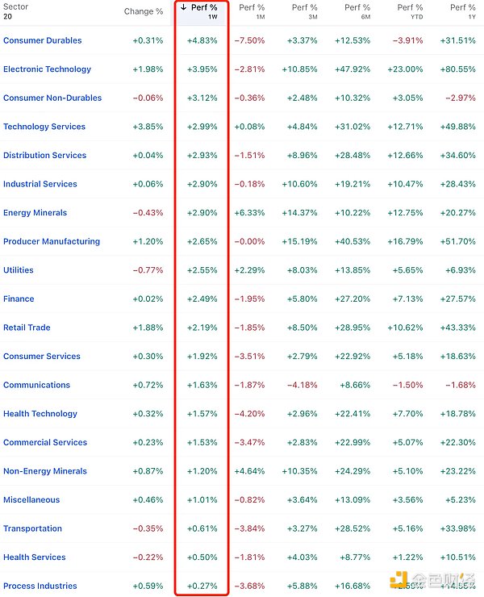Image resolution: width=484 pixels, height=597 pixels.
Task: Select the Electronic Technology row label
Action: pyautogui.click(x=47, y=69)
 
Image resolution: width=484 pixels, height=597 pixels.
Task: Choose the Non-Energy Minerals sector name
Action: pyautogui.click(x=44, y=471)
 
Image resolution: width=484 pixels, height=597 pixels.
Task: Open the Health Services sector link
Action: pyautogui.click(x=35, y=557)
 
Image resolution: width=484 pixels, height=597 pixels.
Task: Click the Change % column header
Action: pyautogui.click(x=144, y=11)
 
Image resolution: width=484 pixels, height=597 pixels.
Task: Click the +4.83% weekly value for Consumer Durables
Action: pyautogui.click(x=202, y=40)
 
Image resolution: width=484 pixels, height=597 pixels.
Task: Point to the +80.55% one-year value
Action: pyautogui.click(x=457, y=69)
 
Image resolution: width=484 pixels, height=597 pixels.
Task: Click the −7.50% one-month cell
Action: pyautogui.click(x=249, y=40)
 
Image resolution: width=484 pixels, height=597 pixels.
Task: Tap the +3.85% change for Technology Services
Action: pyautogui.click(x=148, y=127)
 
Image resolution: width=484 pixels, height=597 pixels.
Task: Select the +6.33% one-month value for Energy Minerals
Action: pyautogui.click(x=249, y=213)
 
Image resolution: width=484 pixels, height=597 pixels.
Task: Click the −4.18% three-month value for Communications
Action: pyautogui.click(x=302, y=385)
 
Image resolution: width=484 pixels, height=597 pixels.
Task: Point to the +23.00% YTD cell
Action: pyautogui.click(x=406, y=69)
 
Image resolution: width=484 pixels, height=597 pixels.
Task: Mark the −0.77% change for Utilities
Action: pyautogui.click(x=148, y=270)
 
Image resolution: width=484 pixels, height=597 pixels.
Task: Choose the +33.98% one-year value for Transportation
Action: pyautogui.click(x=457, y=528)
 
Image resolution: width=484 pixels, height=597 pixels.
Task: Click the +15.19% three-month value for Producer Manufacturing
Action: pyautogui.click(x=301, y=241)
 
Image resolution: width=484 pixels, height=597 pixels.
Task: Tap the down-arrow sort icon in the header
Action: pyautogui.click(x=183, y=8)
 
